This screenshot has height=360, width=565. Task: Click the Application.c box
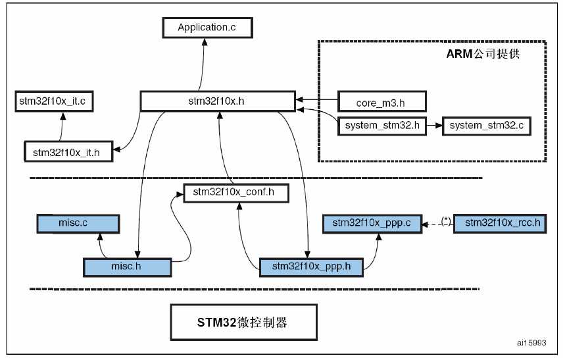207,28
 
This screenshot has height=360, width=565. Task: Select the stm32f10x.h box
217,101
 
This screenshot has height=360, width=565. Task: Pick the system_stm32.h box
381,125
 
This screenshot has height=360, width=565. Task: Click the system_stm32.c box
486,125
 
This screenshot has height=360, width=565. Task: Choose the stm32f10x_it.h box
68,151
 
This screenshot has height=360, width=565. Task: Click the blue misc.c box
77,222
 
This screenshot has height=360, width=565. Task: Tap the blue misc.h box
127,267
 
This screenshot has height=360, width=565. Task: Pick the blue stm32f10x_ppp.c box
372,222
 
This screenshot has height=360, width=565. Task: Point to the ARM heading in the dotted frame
483,53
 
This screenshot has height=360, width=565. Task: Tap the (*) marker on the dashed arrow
445,222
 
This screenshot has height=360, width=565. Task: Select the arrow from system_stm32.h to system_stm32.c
433,125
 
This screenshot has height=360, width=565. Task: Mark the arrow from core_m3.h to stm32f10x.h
317,101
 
